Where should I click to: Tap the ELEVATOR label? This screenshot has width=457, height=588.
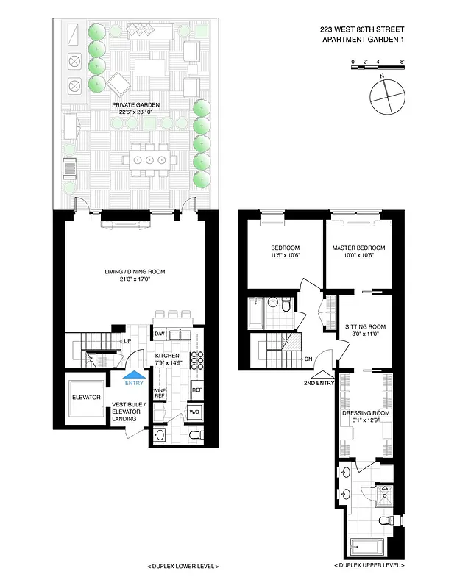[x=85, y=398]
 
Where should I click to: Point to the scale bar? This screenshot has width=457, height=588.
[x=378, y=68]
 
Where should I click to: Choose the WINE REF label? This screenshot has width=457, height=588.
[x=159, y=393]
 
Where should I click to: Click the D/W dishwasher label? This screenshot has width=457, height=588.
[x=159, y=334]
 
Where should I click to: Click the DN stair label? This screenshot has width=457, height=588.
[x=308, y=359]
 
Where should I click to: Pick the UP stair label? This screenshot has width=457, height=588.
[x=127, y=341]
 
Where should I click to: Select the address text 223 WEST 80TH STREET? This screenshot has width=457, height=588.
[x=362, y=29]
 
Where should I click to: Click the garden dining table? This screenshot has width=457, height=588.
[x=149, y=159]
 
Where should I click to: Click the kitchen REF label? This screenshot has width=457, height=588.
[x=196, y=390]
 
